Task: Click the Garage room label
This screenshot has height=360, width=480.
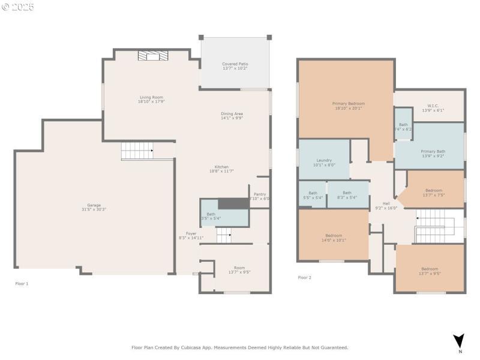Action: pyautogui.click(x=94, y=207)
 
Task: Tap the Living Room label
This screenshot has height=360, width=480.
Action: pyautogui.click(x=151, y=99)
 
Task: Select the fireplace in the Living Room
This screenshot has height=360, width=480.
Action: pyautogui.click(x=153, y=56)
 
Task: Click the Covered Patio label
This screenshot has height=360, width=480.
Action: pyautogui.click(x=235, y=66)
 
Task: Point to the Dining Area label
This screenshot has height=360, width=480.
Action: pyautogui.click(x=232, y=116)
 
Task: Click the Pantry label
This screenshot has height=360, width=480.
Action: pyautogui.click(x=259, y=196)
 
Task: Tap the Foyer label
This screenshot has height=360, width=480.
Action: pyautogui.click(x=191, y=236)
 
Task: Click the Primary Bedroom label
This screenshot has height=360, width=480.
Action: pyautogui.click(x=349, y=106)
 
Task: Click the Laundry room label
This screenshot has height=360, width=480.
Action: pyautogui.click(x=324, y=162)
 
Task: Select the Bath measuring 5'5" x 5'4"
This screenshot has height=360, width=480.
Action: pyautogui.click(x=313, y=195)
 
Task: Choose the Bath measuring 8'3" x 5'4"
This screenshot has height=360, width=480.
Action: pyautogui.click(x=347, y=195)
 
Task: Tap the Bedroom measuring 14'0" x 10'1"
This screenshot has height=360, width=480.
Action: pyautogui.click(x=334, y=237)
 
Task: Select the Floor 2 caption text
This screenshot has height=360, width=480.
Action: pyautogui.click(x=305, y=278)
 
